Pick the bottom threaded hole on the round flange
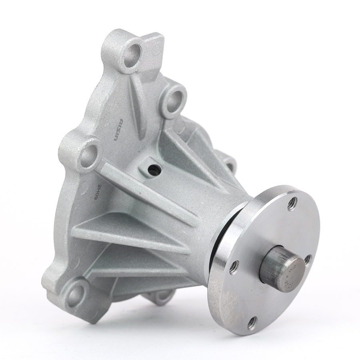coord(252,323)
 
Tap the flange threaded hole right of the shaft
coord(308,260)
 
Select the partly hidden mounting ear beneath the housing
coord(160,296)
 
